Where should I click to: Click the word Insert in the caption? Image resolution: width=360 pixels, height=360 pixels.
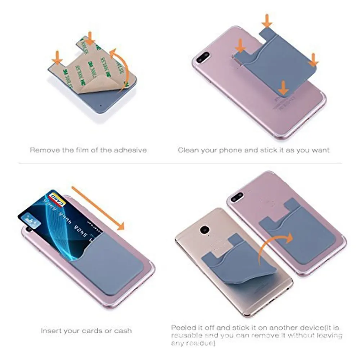(51, 330)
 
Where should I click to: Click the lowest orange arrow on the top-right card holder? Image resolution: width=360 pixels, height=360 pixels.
(284, 87)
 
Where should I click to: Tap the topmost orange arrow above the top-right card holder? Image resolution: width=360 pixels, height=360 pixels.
(267, 21)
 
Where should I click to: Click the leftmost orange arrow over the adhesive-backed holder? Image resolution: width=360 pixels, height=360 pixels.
(57, 57)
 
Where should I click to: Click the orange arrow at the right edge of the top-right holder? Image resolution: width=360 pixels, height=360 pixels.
(313, 59)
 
